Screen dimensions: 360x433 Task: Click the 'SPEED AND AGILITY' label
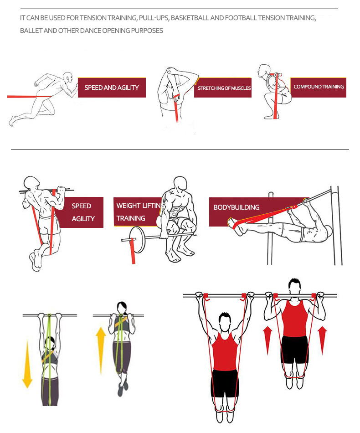(x=112, y=88)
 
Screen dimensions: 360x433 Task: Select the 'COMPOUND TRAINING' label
(x=319, y=87)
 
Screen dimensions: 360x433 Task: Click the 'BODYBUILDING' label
(x=237, y=207)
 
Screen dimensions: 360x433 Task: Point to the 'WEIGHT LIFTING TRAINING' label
(x=139, y=212)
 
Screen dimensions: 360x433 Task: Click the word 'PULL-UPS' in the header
(x=154, y=18)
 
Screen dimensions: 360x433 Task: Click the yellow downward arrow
(x=27, y=365)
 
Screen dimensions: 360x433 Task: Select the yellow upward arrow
(x=101, y=351)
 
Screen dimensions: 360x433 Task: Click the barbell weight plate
(x=137, y=239)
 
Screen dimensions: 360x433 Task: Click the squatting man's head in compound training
(x=264, y=71)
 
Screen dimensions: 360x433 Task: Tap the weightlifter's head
(x=180, y=183)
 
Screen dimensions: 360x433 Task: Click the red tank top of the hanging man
(x=225, y=351)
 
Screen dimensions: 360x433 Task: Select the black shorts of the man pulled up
(x=294, y=350)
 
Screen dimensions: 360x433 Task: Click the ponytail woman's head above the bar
(x=122, y=308)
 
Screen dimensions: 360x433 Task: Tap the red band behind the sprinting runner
(x=29, y=97)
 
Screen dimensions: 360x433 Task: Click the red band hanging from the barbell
(x=133, y=251)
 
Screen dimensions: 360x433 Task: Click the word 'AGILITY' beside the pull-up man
(x=83, y=219)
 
